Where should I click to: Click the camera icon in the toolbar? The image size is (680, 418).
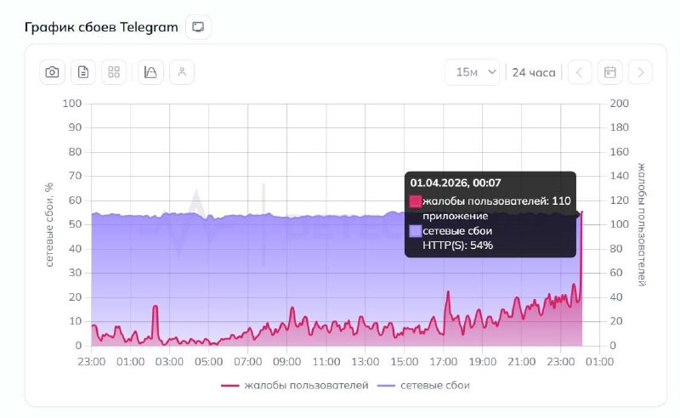(53, 72)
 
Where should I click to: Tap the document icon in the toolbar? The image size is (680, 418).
(83, 72)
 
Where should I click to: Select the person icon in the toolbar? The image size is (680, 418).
(182, 72)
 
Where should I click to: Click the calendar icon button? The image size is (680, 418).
(609, 72)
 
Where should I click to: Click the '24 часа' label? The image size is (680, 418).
(534, 72)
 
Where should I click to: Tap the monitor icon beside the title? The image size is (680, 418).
(198, 27)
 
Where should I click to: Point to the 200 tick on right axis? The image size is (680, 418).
(620, 104)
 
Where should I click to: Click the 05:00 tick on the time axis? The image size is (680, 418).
(208, 362)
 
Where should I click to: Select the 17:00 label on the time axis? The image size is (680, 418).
(443, 362)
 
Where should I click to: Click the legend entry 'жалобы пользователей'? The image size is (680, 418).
(295, 386)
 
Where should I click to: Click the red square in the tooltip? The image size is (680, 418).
(416, 201)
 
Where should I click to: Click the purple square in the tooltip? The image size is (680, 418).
(416, 230)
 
